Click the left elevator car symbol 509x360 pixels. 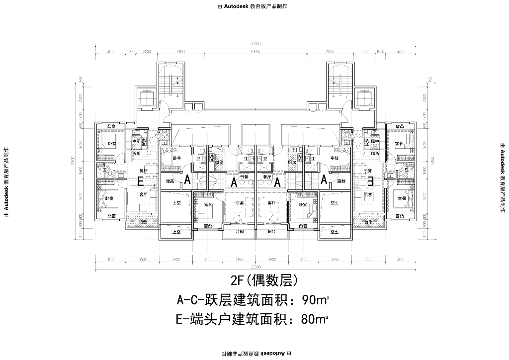[146, 99]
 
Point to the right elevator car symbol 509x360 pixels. [363, 99]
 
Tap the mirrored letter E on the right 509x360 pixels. [369, 181]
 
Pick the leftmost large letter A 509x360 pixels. [187, 181]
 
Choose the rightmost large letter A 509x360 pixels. [323, 181]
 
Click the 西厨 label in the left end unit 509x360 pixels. [137, 154]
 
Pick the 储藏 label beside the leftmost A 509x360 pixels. [169, 181]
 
